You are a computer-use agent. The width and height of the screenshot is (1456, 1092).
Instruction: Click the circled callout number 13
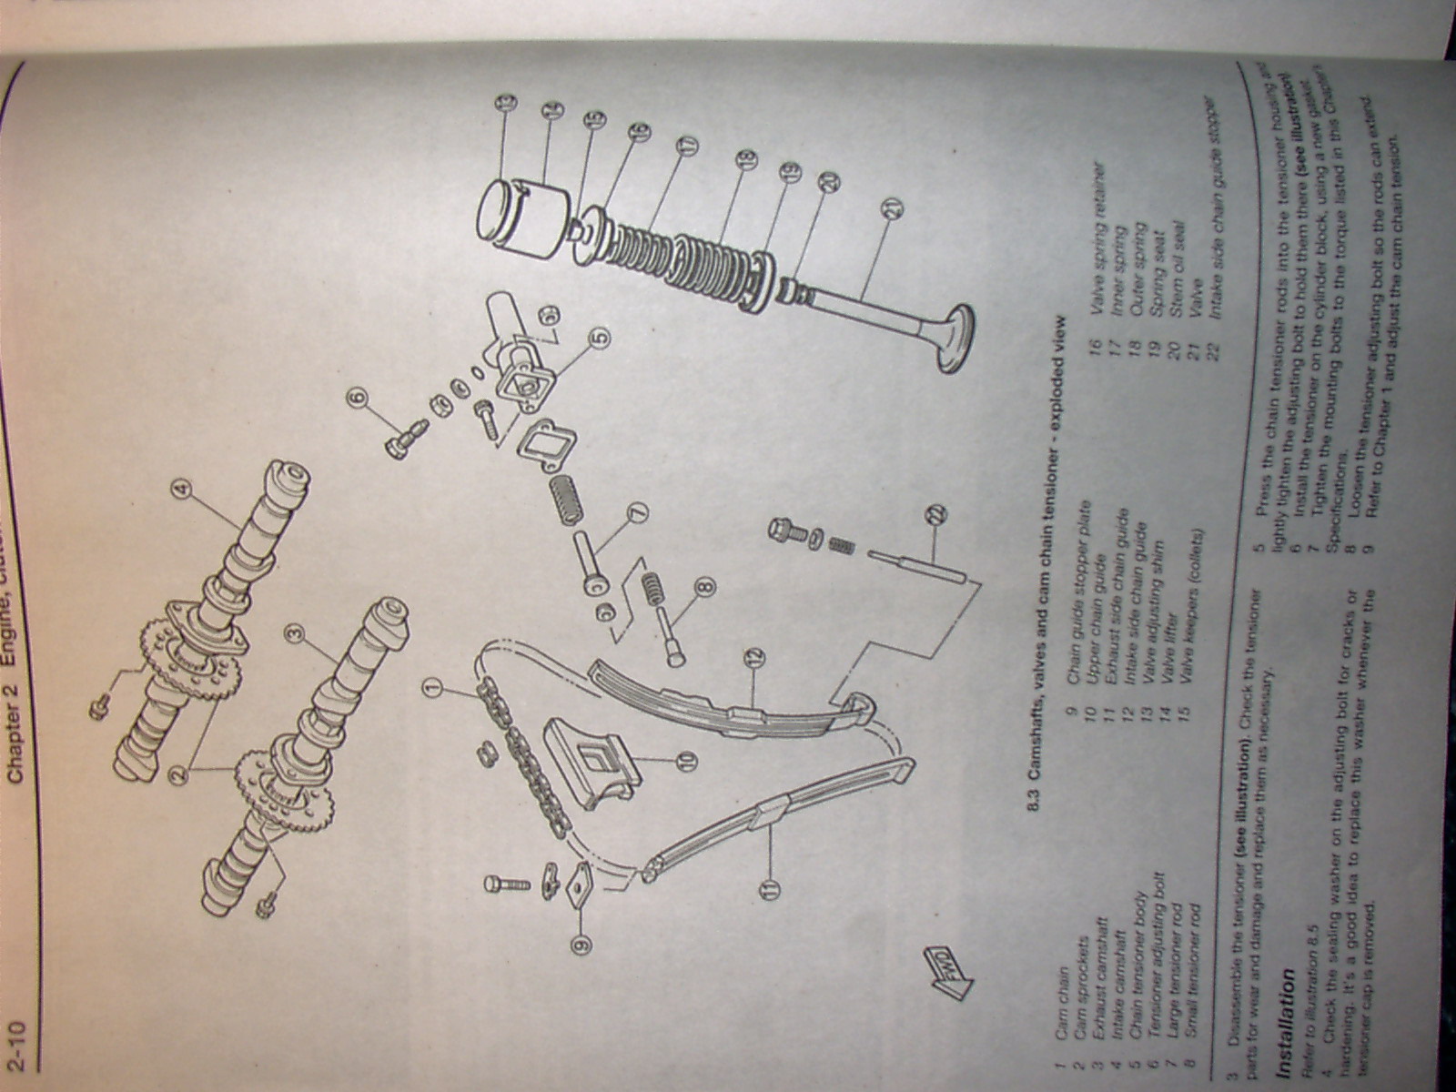pos(506,103)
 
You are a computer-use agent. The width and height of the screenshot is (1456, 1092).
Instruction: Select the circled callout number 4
pos(183,492)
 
